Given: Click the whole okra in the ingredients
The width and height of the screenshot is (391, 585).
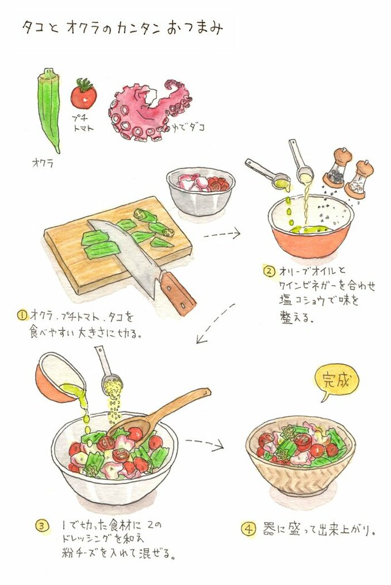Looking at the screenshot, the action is [x=49, y=108].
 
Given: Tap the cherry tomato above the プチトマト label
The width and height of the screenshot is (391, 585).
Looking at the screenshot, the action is [x=83, y=94].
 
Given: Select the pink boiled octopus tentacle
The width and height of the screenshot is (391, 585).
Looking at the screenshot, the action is [x=149, y=110].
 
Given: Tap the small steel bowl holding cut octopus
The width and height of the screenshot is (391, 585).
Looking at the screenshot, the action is [x=201, y=191].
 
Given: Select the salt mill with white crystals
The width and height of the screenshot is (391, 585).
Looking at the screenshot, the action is [x=359, y=179].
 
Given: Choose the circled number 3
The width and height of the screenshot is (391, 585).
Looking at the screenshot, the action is [x=42, y=526].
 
